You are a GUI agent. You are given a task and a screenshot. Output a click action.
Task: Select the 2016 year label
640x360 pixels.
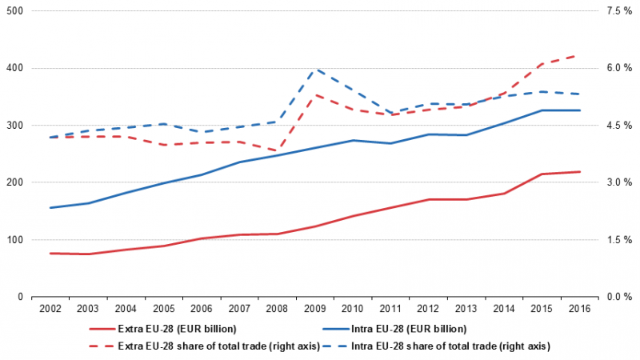pyautogui.click(x=579, y=309)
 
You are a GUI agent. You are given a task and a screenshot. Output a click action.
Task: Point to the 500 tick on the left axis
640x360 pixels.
pyautogui.click(x=14, y=11)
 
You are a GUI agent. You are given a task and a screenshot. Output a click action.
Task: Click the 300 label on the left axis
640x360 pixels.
pyautogui.click(x=14, y=126)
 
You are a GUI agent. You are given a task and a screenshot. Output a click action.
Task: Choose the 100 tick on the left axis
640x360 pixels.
pyautogui.click(x=14, y=240)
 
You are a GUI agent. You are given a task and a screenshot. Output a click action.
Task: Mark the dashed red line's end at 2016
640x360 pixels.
pyautogui.click(x=579, y=55)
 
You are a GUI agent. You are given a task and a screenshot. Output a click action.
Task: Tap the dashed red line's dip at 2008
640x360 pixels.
pyautogui.click(x=277, y=151)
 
